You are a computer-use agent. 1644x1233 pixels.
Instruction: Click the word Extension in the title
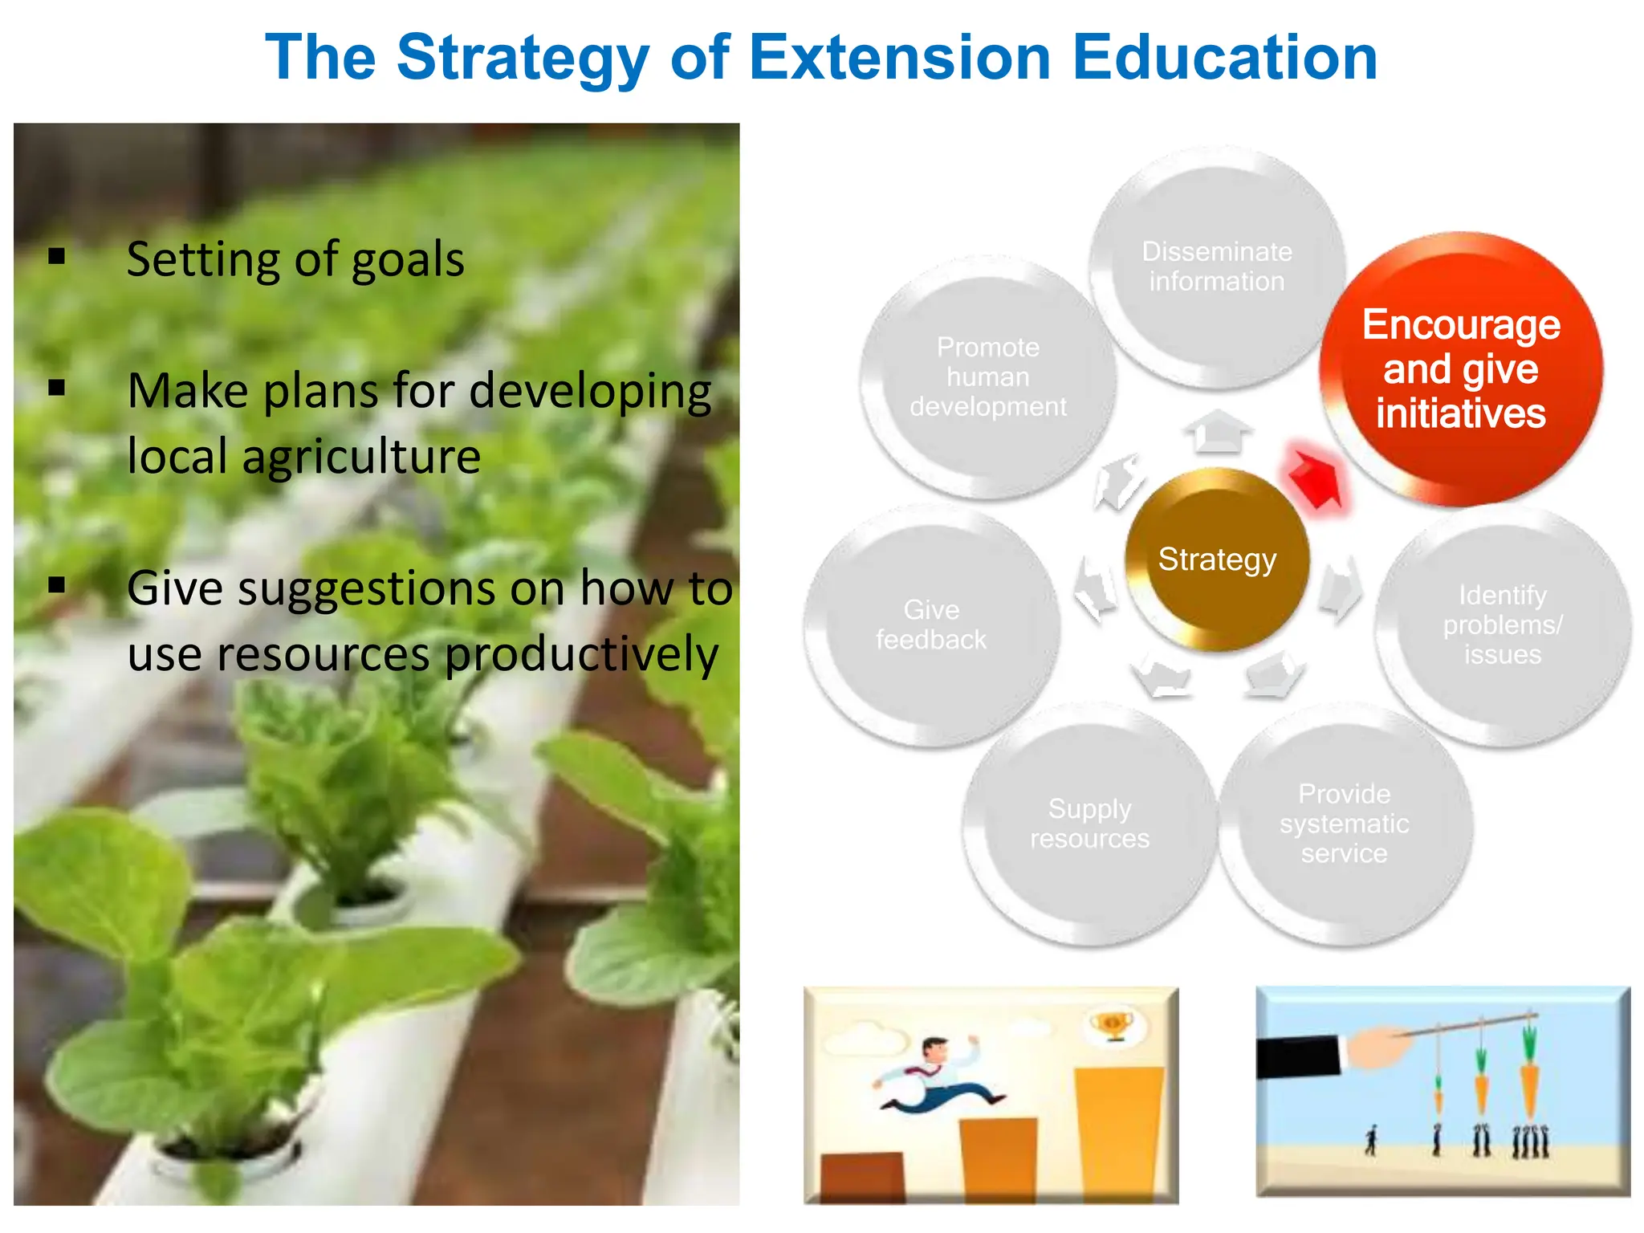point(899,58)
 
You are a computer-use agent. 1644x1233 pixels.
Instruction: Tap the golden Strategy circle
point(1217,560)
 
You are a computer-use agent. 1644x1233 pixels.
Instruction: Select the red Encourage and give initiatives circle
point(1461,369)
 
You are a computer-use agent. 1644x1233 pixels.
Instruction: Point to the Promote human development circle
point(988,377)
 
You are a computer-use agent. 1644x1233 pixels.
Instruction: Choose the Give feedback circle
point(931,625)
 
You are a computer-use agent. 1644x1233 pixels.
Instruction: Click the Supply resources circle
point(1089,824)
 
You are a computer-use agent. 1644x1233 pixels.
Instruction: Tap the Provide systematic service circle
point(1344,824)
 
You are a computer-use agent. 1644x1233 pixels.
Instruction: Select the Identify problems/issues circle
point(1502,625)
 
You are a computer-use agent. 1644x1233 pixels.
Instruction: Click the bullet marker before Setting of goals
point(57,257)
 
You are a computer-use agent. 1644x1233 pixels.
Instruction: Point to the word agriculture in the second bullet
point(361,457)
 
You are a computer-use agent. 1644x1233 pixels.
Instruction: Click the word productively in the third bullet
point(581,654)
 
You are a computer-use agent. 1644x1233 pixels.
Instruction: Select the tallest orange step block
point(1118,1132)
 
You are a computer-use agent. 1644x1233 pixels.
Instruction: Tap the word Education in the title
point(1225,58)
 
